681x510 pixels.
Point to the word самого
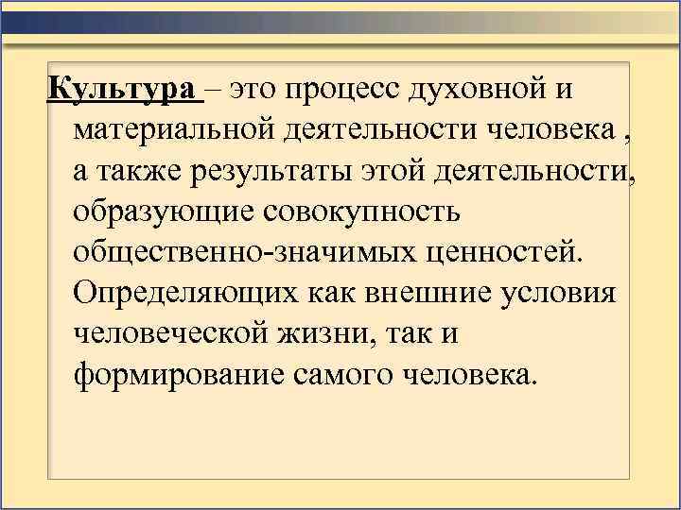[x=351, y=375]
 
